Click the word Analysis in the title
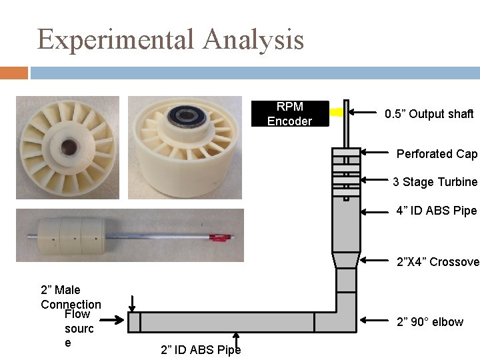tap(253, 40)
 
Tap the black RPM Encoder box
tap(289, 114)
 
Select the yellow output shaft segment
tap(336, 113)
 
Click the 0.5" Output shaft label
tap(429, 114)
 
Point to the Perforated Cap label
tap(437, 154)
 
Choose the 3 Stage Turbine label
tap(435, 182)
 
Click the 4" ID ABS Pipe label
tap(436, 211)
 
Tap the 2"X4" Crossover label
tap(437, 262)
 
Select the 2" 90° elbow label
tap(430, 322)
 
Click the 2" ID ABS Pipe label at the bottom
tap(201, 349)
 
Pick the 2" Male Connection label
tap(71, 297)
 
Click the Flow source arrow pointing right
tap(117, 322)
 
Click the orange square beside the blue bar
tap(14, 73)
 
